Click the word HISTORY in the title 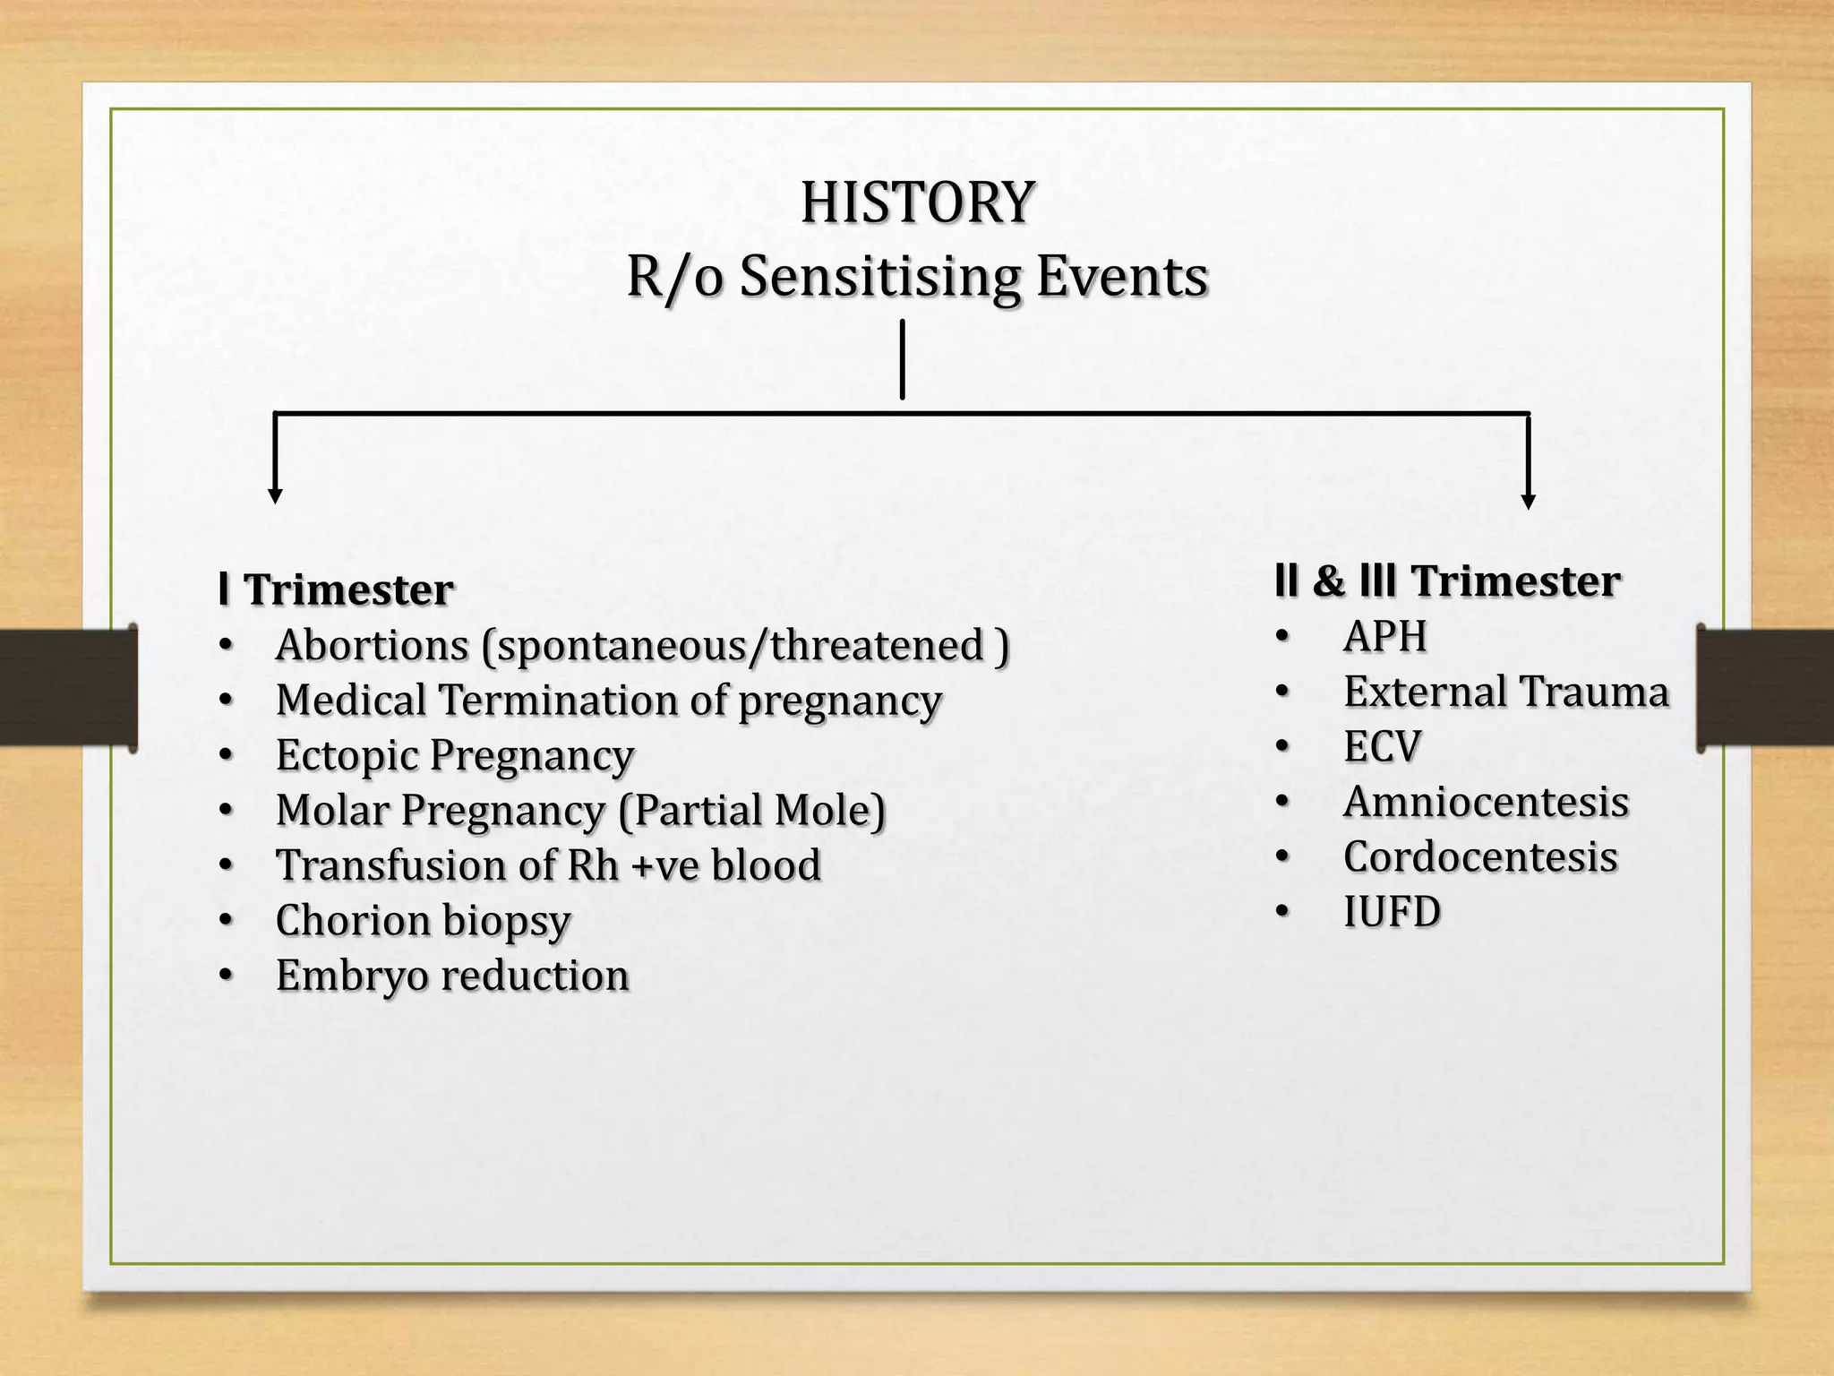(x=917, y=202)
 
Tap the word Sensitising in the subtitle (x=879, y=277)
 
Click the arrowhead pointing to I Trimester (x=276, y=495)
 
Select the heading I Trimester (x=337, y=589)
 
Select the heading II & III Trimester (x=1447, y=580)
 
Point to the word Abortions (x=372, y=645)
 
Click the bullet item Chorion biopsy (x=423, y=921)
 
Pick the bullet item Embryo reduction (x=452, y=976)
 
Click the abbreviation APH (x=1384, y=637)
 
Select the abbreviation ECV (x=1382, y=747)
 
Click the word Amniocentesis (x=1486, y=802)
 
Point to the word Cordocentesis (x=1480, y=857)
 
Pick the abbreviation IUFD (x=1392, y=912)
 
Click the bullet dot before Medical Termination (x=226, y=700)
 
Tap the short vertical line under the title (x=902, y=360)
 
